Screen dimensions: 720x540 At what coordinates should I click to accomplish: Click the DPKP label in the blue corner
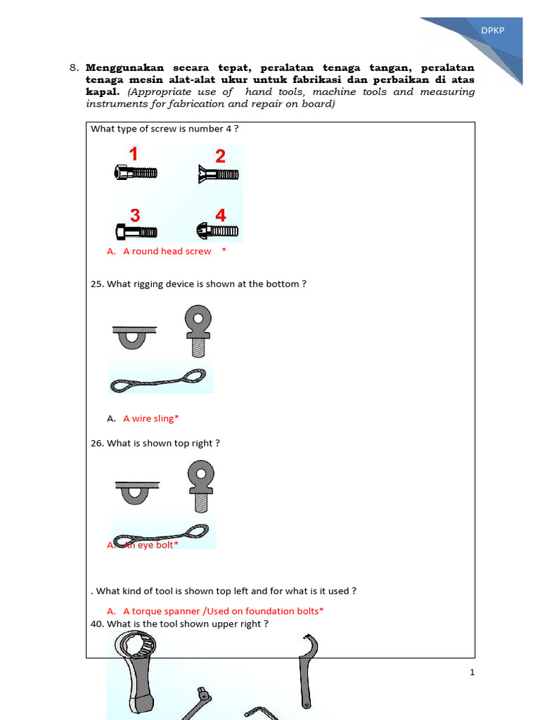492,30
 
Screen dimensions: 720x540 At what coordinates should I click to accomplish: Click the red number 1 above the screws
133,155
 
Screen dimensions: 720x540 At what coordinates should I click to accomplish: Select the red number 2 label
220,156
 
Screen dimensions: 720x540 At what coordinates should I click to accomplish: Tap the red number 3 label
134,215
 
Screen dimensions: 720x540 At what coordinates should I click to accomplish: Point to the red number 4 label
221,215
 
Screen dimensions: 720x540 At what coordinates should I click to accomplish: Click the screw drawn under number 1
135,172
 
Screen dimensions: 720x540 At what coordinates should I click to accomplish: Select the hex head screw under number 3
135,231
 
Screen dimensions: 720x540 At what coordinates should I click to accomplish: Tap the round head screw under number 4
217,231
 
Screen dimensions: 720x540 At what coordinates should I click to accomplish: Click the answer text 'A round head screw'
167,251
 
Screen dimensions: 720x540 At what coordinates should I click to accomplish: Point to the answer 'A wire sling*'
150,418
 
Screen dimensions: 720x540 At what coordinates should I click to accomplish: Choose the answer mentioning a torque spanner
223,611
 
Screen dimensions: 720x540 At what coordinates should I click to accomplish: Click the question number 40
97,624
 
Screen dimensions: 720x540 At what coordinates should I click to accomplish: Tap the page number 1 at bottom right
472,672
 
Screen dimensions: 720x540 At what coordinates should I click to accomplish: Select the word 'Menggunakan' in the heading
124,68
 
